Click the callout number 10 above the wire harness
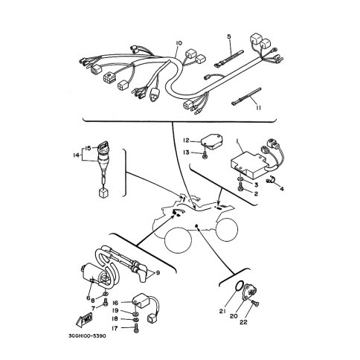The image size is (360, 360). click(179, 43)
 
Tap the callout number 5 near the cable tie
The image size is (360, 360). click(229, 36)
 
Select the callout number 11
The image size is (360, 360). click(259, 108)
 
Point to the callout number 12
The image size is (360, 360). click(186, 141)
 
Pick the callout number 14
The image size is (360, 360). click(76, 155)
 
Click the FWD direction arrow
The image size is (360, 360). click(84, 319)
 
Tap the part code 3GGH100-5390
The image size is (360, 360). click(87, 336)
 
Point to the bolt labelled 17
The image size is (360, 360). click(136, 329)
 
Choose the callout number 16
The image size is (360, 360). click(115, 303)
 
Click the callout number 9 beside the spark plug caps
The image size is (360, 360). click(158, 273)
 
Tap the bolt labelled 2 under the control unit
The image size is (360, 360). click(240, 188)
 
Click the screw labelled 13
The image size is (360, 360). click(205, 155)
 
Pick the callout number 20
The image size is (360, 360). click(234, 316)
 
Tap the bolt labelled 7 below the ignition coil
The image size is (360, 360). click(106, 302)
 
